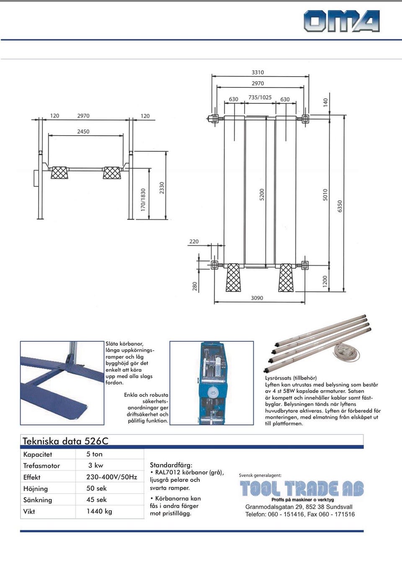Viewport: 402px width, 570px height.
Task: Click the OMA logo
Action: pyautogui.click(x=341, y=21)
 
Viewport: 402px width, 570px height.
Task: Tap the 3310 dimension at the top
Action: pyautogui.click(x=258, y=72)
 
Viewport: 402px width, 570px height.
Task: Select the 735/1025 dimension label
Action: pyautogui.click(x=260, y=98)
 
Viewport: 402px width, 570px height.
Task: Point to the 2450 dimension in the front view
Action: pyautogui.click(x=83, y=131)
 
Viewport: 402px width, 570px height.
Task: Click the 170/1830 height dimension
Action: pyautogui.click(x=143, y=200)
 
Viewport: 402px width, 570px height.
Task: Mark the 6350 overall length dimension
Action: pyautogui.click(x=340, y=206)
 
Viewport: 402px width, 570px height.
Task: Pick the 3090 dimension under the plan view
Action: pyautogui.click(x=257, y=298)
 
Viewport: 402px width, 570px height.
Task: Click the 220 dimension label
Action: pyautogui.click(x=194, y=241)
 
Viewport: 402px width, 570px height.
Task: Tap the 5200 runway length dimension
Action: pyautogui.click(x=262, y=195)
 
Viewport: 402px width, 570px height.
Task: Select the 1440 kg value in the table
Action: pyautogui.click(x=99, y=511)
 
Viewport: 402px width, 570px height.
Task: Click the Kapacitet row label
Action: pyautogui.click(x=38, y=454)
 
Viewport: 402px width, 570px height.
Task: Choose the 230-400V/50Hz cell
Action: pyautogui.click(x=111, y=477)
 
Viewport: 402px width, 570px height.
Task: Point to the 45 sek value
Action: pyautogui.click(x=96, y=500)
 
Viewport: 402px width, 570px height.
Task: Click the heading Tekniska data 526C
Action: pyautogui.click(x=65, y=441)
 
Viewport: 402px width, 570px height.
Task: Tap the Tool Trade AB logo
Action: pyautogui.click(x=301, y=490)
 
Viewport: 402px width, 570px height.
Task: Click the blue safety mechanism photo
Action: pyautogui.click(x=211, y=383)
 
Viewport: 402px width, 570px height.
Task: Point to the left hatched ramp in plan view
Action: pyautogui.click(x=233, y=277)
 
